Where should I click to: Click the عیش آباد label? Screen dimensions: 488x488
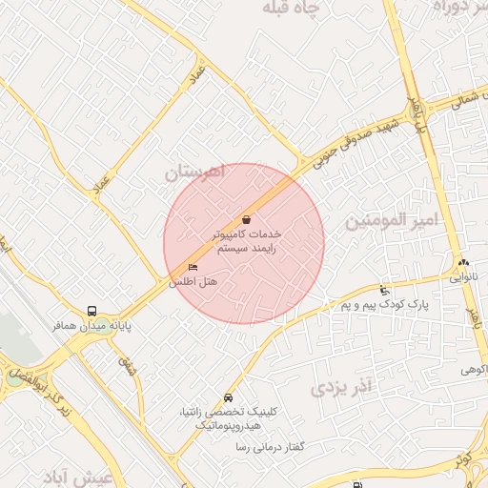(x=85, y=476)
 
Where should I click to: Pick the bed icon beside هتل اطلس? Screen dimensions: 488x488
(x=193, y=268)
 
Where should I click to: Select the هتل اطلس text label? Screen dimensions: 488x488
(x=193, y=283)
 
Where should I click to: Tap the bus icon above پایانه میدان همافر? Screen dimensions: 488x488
(x=91, y=311)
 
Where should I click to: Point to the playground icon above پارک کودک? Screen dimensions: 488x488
(x=384, y=290)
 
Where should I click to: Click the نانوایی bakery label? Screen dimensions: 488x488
(x=464, y=280)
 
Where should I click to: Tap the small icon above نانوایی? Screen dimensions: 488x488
(x=464, y=263)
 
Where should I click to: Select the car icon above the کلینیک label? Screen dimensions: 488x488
(x=228, y=397)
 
